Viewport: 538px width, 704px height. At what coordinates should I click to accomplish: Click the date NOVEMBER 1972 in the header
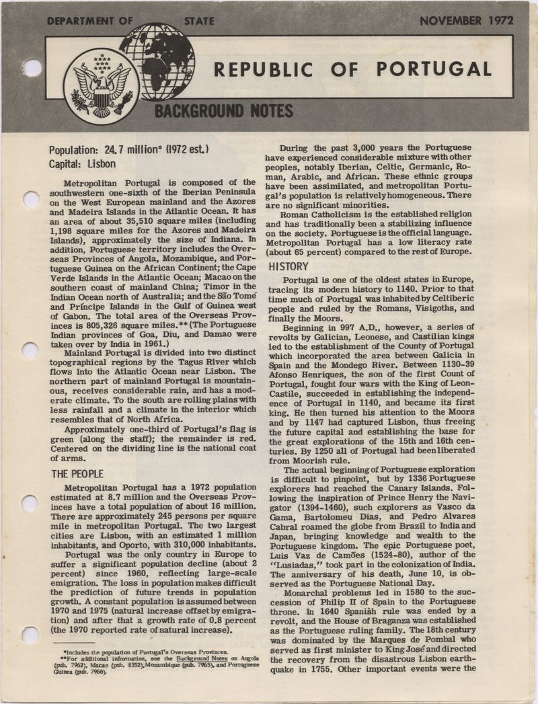tap(465, 20)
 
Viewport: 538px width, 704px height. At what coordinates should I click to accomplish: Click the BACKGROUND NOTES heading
tap(224, 110)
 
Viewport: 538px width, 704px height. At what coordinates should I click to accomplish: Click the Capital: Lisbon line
tap(82, 163)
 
